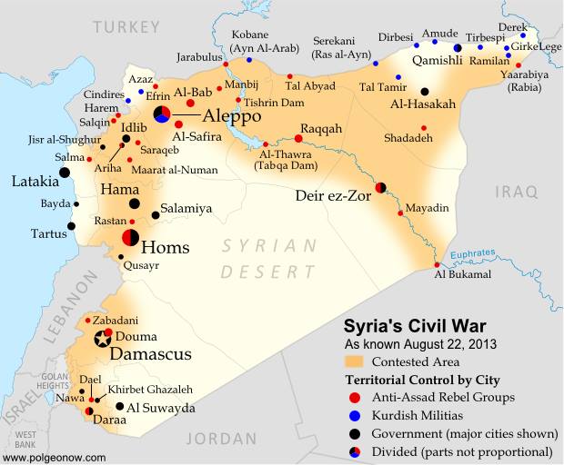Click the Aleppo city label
coord(231,116)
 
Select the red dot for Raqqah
coord(298,139)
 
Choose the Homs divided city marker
coord(130,238)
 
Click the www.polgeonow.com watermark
coord(55,458)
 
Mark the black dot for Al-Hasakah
coord(425,91)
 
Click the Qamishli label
coord(438,61)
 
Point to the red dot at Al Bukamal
coord(438,264)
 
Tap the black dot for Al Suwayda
coord(119,409)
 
